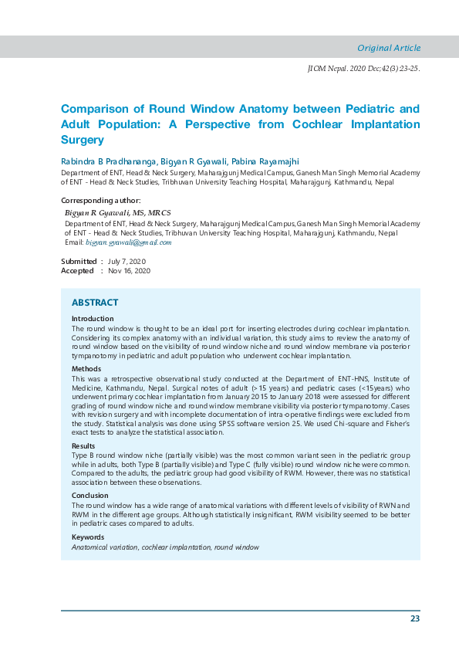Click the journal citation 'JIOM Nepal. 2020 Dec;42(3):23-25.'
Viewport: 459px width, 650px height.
click(x=363, y=69)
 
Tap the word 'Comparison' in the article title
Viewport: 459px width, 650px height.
click(x=95, y=109)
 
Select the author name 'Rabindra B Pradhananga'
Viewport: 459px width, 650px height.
click(x=107, y=161)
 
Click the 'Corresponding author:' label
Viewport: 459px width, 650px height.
click(x=100, y=201)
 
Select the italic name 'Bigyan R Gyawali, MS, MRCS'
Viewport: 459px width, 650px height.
click(x=118, y=212)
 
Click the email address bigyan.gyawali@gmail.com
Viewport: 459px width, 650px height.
click(x=128, y=242)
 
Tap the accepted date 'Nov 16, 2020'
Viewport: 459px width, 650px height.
click(x=130, y=271)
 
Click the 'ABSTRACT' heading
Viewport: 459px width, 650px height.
click(x=95, y=303)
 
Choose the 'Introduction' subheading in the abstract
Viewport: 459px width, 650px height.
click(x=93, y=319)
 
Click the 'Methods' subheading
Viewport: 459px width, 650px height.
click(x=86, y=369)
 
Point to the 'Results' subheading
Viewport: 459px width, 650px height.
click(x=85, y=446)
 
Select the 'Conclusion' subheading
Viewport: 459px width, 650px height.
click(x=90, y=496)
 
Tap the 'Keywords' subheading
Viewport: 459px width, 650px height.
click(x=89, y=537)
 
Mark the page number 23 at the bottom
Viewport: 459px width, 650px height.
click(x=415, y=618)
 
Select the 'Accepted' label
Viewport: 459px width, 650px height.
click(x=78, y=271)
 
